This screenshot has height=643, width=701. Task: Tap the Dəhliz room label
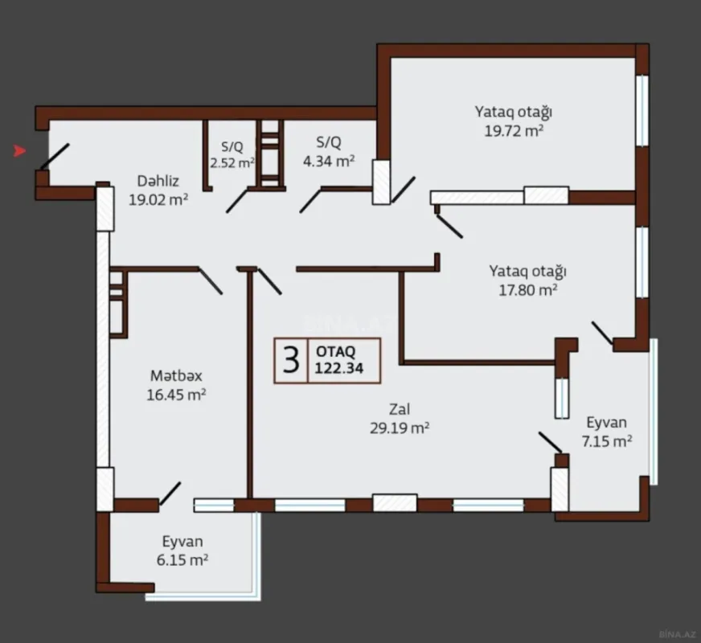(x=157, y=182)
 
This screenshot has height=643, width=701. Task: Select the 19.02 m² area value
(x=158, y=200)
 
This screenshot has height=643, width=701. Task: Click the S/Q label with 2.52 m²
(x=232, y=147)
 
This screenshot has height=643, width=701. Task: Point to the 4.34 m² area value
(x=329, y=161)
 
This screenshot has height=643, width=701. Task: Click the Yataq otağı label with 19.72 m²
(x=513, y=112)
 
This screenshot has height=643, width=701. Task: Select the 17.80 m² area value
(x=528, y=289)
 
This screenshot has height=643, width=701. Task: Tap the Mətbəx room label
(x=176, y=375)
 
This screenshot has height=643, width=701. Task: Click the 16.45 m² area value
(x=178, y=394)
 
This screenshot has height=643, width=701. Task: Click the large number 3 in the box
(x=291, y=359)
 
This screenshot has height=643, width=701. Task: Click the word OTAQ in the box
(x=335, y=351)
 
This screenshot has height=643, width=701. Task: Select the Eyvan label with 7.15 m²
(x=607, y=422)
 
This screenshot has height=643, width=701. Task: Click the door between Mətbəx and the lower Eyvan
(x=170, y=494)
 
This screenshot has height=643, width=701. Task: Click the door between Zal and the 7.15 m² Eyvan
(x=550, y=442)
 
